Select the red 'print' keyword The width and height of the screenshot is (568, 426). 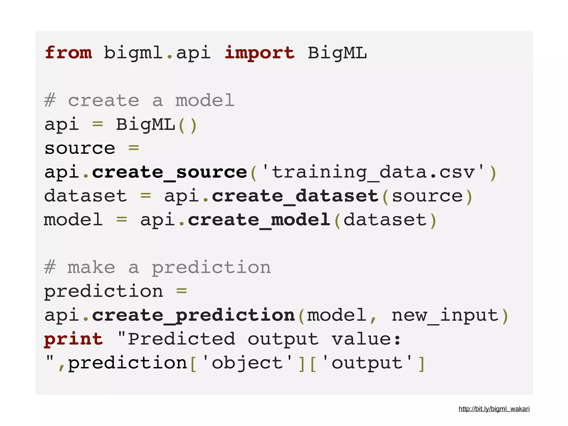coord(73,339)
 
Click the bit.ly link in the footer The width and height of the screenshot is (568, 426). coord(494,409)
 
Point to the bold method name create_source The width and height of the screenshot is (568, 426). coord(169,172)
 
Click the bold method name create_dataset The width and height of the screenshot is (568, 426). coord(295,196)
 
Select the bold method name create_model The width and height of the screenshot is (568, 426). coord(259,220)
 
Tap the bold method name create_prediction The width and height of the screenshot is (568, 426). coord(193,315)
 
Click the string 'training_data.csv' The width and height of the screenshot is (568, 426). coord(373,172)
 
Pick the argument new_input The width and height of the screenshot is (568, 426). coord(445,315)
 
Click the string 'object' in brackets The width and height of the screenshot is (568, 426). coord(247,363)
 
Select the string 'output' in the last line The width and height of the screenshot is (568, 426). coord(367,363)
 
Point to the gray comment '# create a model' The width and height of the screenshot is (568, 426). coord(139,100)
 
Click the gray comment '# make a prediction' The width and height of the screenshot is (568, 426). coord(158,268)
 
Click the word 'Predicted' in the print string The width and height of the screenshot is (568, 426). coord(181,339)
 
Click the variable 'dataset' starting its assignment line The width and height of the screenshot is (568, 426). coord(85,196)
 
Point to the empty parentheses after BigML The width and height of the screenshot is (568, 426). coord(188,125)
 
